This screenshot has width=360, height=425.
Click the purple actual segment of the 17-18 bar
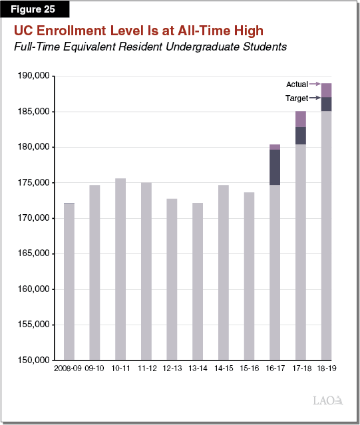[x=300, y=119]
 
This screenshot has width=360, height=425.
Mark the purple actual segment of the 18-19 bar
[x=326, y=90]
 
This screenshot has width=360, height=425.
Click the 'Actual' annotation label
[x=297, y=84]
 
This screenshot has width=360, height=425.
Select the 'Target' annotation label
[x=297, y=98]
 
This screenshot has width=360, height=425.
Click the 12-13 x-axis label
[x=172, y=367]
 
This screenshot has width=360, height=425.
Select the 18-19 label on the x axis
[x=326, y=367]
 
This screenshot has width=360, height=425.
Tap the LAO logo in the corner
[x=327, y=400]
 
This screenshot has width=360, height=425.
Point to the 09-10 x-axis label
[x=94, y=367]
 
